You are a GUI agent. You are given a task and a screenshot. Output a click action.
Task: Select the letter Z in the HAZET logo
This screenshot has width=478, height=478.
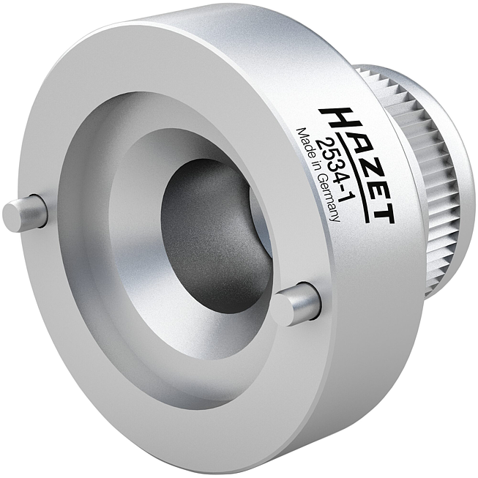[x=362, y=162]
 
